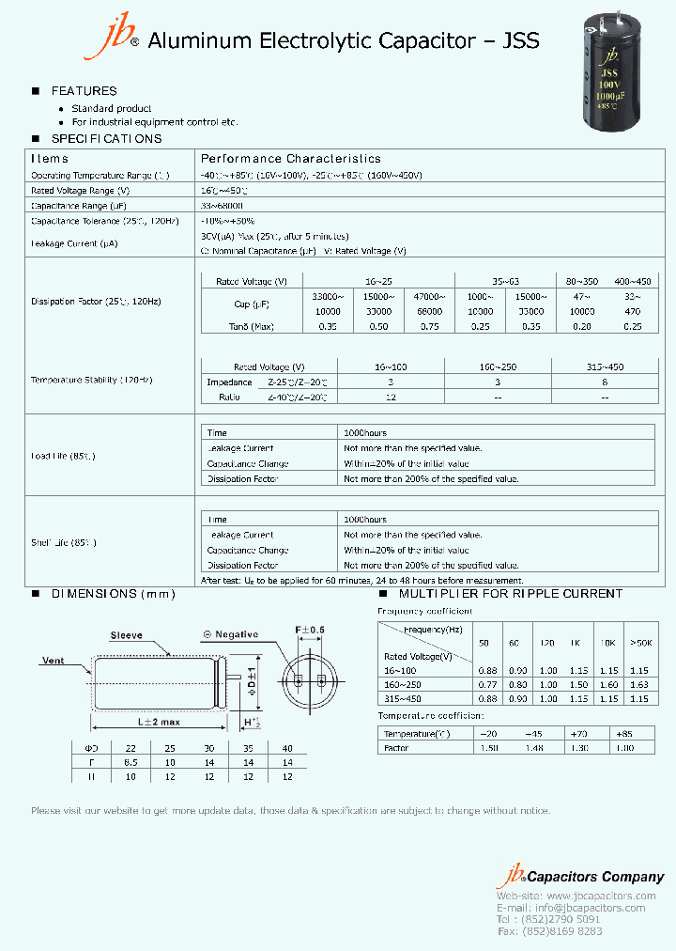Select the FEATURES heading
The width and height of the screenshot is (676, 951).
[84, 91]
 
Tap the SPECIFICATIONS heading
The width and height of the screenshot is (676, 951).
[106, 139]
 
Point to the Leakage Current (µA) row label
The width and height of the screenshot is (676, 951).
[73, 243]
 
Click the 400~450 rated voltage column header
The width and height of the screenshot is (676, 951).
[632, 282]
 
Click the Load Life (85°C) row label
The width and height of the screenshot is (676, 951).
[63, 456]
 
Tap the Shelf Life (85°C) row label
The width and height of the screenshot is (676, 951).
[64, 542]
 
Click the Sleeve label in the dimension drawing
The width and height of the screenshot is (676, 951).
[127, 635]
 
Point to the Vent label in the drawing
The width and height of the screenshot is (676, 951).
[54, 661]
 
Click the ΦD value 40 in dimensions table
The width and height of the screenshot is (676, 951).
[287, 748]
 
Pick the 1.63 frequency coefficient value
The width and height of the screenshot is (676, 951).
[639, 685]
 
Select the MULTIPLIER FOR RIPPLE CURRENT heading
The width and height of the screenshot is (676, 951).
[511, 594]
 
